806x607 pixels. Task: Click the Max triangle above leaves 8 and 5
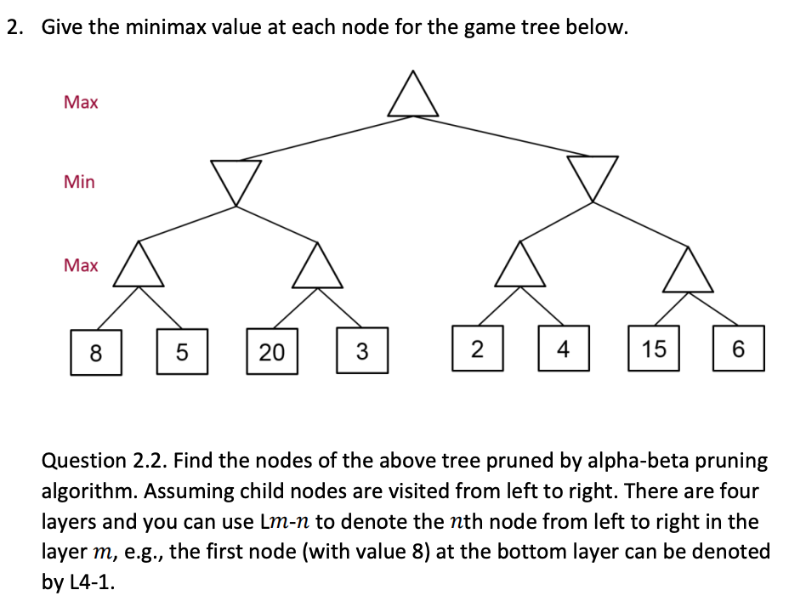pos(139,266)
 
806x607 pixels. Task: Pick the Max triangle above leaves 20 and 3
pos(317,267)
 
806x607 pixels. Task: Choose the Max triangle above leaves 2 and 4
pos(520,266)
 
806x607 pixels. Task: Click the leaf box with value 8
pos(95,351)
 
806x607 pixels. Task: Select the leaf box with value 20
pos(272,351)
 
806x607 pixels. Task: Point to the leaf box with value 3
pos(362,351)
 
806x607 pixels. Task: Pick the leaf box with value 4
pos(562,349)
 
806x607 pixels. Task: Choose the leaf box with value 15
pos(653,349)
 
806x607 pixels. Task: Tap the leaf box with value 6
pos(738,349)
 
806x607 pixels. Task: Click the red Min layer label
pos(79,182)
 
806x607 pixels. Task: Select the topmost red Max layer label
pos(81,103)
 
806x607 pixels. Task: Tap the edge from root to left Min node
pos(323,138)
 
